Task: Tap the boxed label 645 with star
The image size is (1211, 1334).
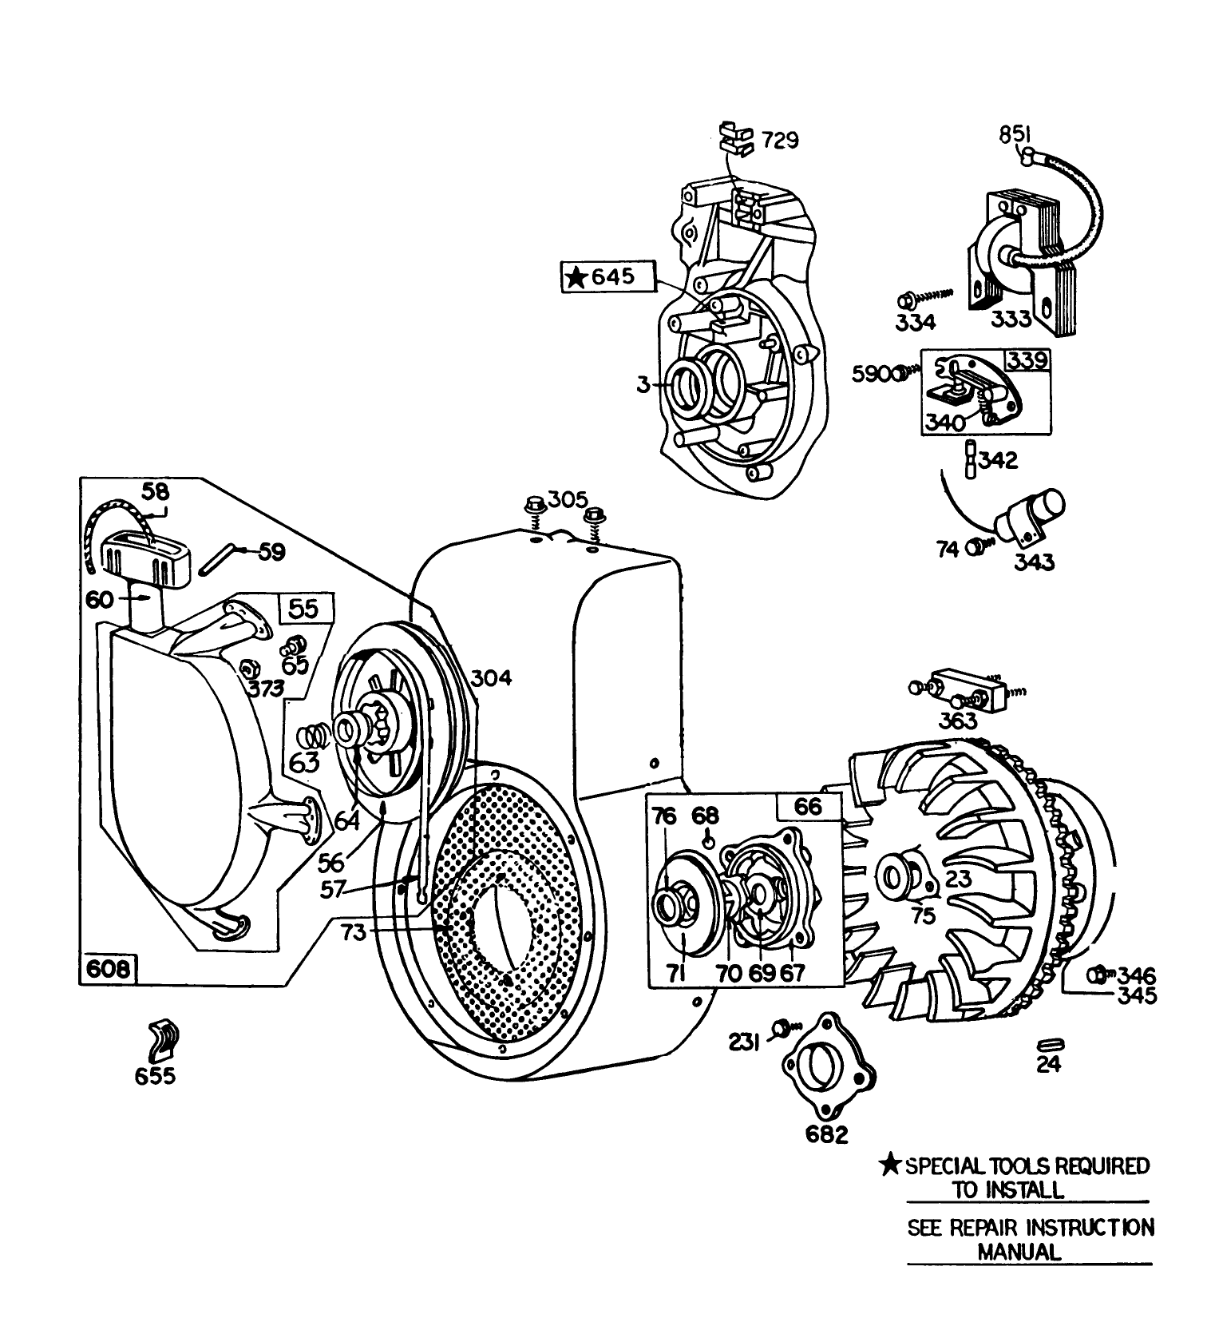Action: (609, 277)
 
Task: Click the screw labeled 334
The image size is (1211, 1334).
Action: (908, 301)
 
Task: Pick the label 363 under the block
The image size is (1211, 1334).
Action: (957, 720)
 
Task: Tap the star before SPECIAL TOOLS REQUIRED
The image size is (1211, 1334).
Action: (890, 1165)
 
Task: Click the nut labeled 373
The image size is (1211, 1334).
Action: (247, 667)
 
